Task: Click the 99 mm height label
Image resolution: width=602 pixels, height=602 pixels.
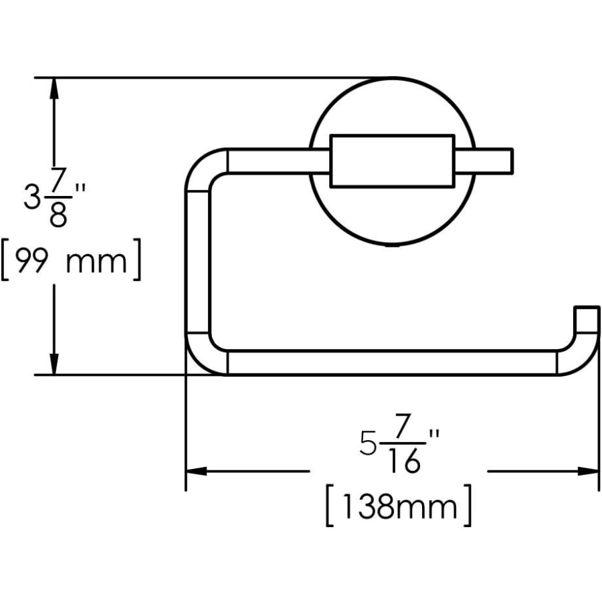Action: coord(70,261)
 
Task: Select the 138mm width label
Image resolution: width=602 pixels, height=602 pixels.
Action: coord(399,508)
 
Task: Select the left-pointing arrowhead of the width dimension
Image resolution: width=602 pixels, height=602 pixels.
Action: coord(195,472)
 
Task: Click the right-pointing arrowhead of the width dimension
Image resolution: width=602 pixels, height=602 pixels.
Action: coord(589,472)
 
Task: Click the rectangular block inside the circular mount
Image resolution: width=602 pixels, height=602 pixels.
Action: coord(392,161)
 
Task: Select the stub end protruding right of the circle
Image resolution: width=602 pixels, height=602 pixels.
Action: coord(494,161)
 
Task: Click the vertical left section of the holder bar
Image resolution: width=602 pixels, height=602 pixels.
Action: coord(197,261)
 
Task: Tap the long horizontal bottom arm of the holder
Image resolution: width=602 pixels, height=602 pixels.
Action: coord(392,363)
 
